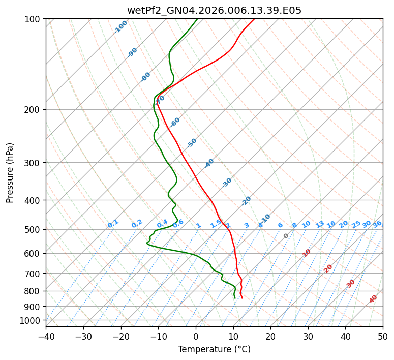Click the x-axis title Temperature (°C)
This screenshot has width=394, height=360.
[214, 349]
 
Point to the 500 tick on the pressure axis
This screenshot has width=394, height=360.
[34, 230]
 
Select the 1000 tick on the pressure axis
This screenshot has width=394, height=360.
[32, 320]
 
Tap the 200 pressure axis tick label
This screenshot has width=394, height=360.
[34, 110]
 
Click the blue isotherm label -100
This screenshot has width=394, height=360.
[121, 27]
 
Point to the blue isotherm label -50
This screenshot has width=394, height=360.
[192, 143]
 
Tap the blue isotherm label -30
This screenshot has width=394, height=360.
[227, 183]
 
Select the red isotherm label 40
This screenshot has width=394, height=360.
[373, 299]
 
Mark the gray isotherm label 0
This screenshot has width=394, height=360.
[286, 236]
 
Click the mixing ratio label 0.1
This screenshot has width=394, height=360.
[113, 223]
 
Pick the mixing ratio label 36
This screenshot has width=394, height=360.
[377, 224]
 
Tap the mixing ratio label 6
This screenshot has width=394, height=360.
[280, 225]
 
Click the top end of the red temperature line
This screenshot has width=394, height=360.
[255, 19]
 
